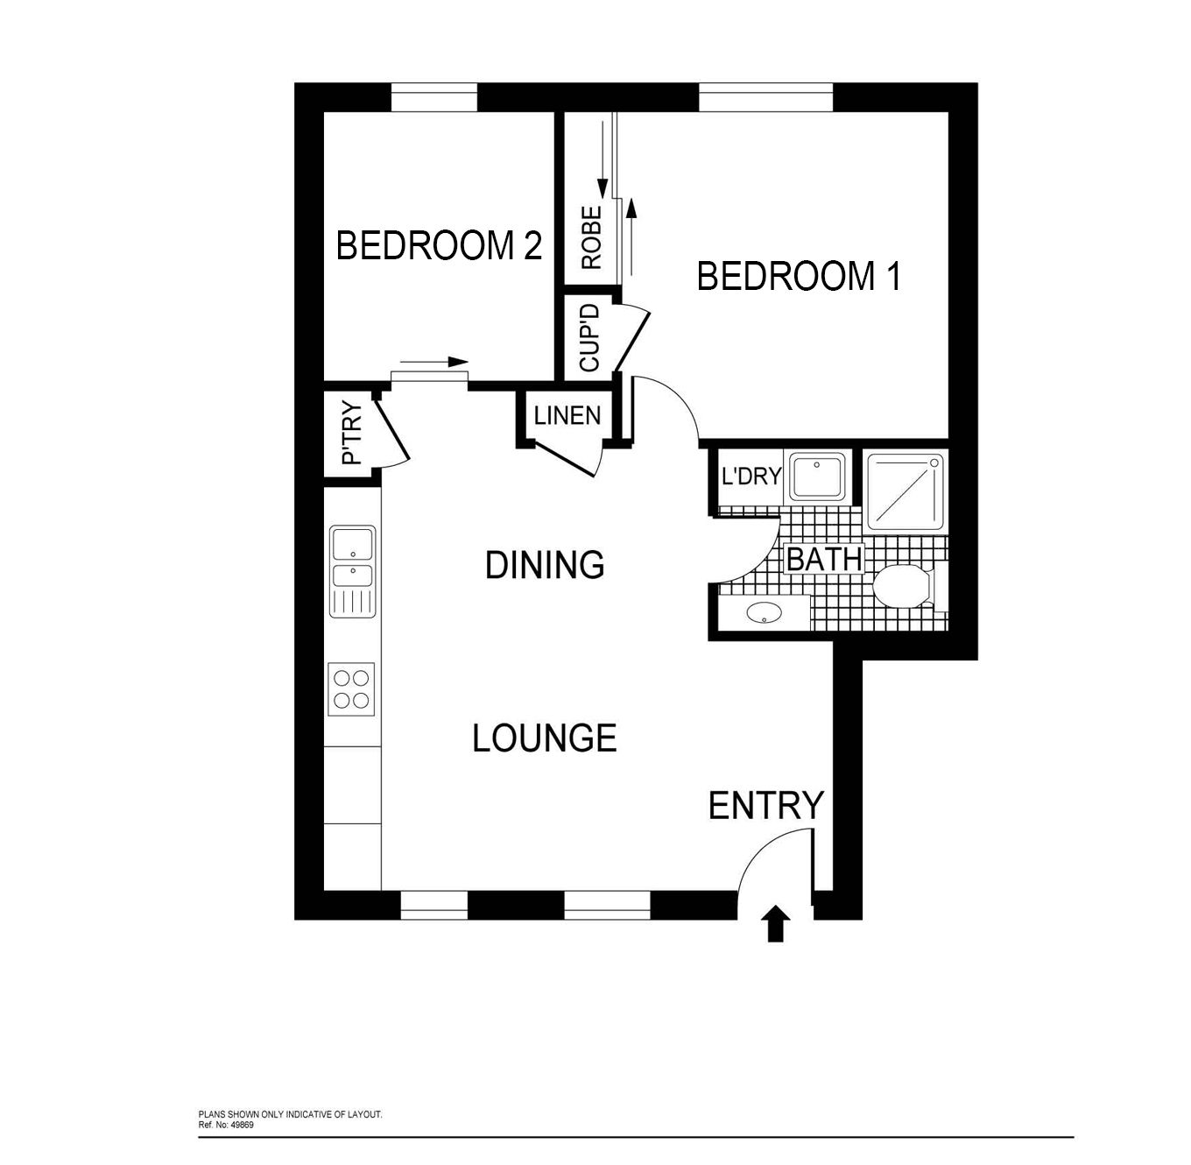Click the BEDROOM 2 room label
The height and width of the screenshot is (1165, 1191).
coord(439,245)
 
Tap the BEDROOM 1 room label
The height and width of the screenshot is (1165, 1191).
coord(798,276)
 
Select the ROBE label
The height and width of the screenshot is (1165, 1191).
coord(592,237)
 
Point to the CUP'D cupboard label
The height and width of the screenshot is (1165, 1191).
coord(589,337)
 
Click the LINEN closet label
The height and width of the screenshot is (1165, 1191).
coord(567,416)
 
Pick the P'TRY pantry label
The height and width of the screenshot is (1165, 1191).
coord(352,432)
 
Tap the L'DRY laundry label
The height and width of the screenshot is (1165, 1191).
coord(751,476)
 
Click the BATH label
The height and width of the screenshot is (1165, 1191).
coord(824,559)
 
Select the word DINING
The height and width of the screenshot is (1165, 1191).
coord(545,564)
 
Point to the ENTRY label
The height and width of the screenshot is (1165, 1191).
coord(765,805)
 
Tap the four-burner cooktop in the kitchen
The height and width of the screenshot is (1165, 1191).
coord(351,688)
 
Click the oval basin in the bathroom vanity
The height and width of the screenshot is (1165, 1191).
coord(764,611)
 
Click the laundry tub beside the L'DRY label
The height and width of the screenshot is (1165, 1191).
coord(816,476)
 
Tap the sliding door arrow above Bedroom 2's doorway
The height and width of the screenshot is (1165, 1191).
coord(433,362)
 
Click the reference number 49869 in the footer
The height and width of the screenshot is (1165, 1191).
coord(243,1125)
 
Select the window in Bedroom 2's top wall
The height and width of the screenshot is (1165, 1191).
coord(433,98)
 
